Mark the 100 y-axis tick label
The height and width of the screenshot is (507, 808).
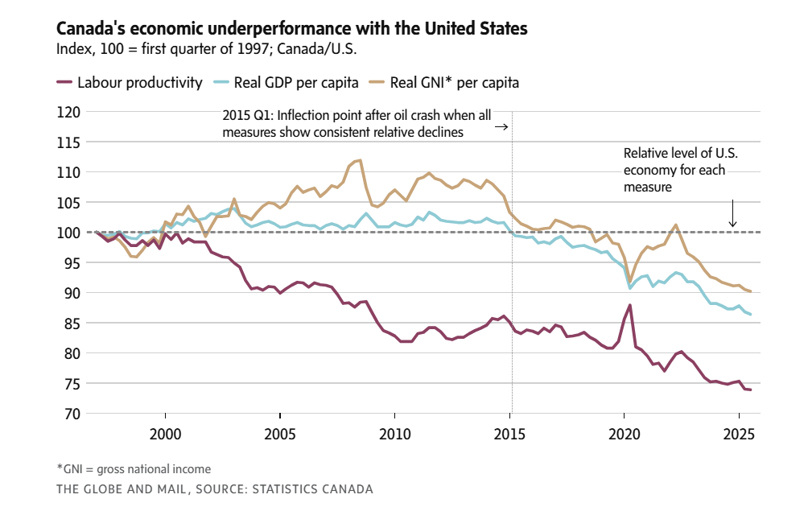click(x=67, y=233)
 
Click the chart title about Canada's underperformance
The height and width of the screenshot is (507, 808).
click(x=291, y=29)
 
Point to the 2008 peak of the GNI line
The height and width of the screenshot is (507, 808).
click(x=360, y=160)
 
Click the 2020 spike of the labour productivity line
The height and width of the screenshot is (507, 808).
click(x=630, y=305)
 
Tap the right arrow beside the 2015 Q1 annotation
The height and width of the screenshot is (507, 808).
click(x=501, y=127)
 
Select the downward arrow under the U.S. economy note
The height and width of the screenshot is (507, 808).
click(x=732, y=214)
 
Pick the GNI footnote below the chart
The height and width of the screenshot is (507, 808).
click(x=134, y=468)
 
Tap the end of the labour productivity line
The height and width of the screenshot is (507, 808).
click(x=750, y=390)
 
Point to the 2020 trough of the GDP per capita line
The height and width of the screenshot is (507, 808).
click(x=630, y=287)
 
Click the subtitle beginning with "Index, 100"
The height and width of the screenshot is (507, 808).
click(x=206, y=48)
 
